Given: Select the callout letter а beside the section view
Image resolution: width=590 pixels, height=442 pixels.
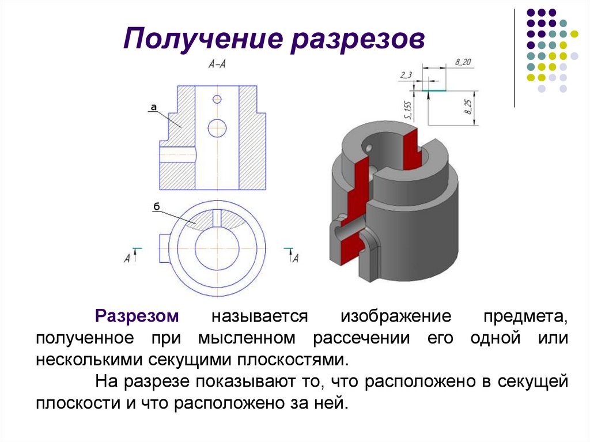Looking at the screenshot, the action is tap(154, 107).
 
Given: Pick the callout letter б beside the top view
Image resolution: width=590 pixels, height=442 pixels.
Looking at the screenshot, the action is tap(157, 206).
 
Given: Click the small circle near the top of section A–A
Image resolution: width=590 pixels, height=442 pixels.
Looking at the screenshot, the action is tap(217, 99).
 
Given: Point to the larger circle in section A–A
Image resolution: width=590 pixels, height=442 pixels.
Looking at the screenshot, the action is tap(217, 127).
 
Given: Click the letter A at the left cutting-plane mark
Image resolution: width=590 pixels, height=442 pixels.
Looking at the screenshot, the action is tap(127, 259).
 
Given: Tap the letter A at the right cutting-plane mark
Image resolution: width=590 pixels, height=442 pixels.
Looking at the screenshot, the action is tap(296, 259).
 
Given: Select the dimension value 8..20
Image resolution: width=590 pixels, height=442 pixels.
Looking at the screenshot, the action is tap(463, 62).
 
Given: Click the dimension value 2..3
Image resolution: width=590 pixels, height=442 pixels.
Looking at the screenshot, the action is tap(405, 75).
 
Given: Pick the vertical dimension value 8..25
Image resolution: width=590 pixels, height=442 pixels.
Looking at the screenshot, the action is tap(468, 107).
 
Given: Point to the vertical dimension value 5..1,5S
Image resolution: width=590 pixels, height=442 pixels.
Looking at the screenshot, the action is tap(408, 108).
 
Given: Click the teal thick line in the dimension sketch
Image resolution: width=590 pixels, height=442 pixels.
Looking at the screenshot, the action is tap(433, 90).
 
